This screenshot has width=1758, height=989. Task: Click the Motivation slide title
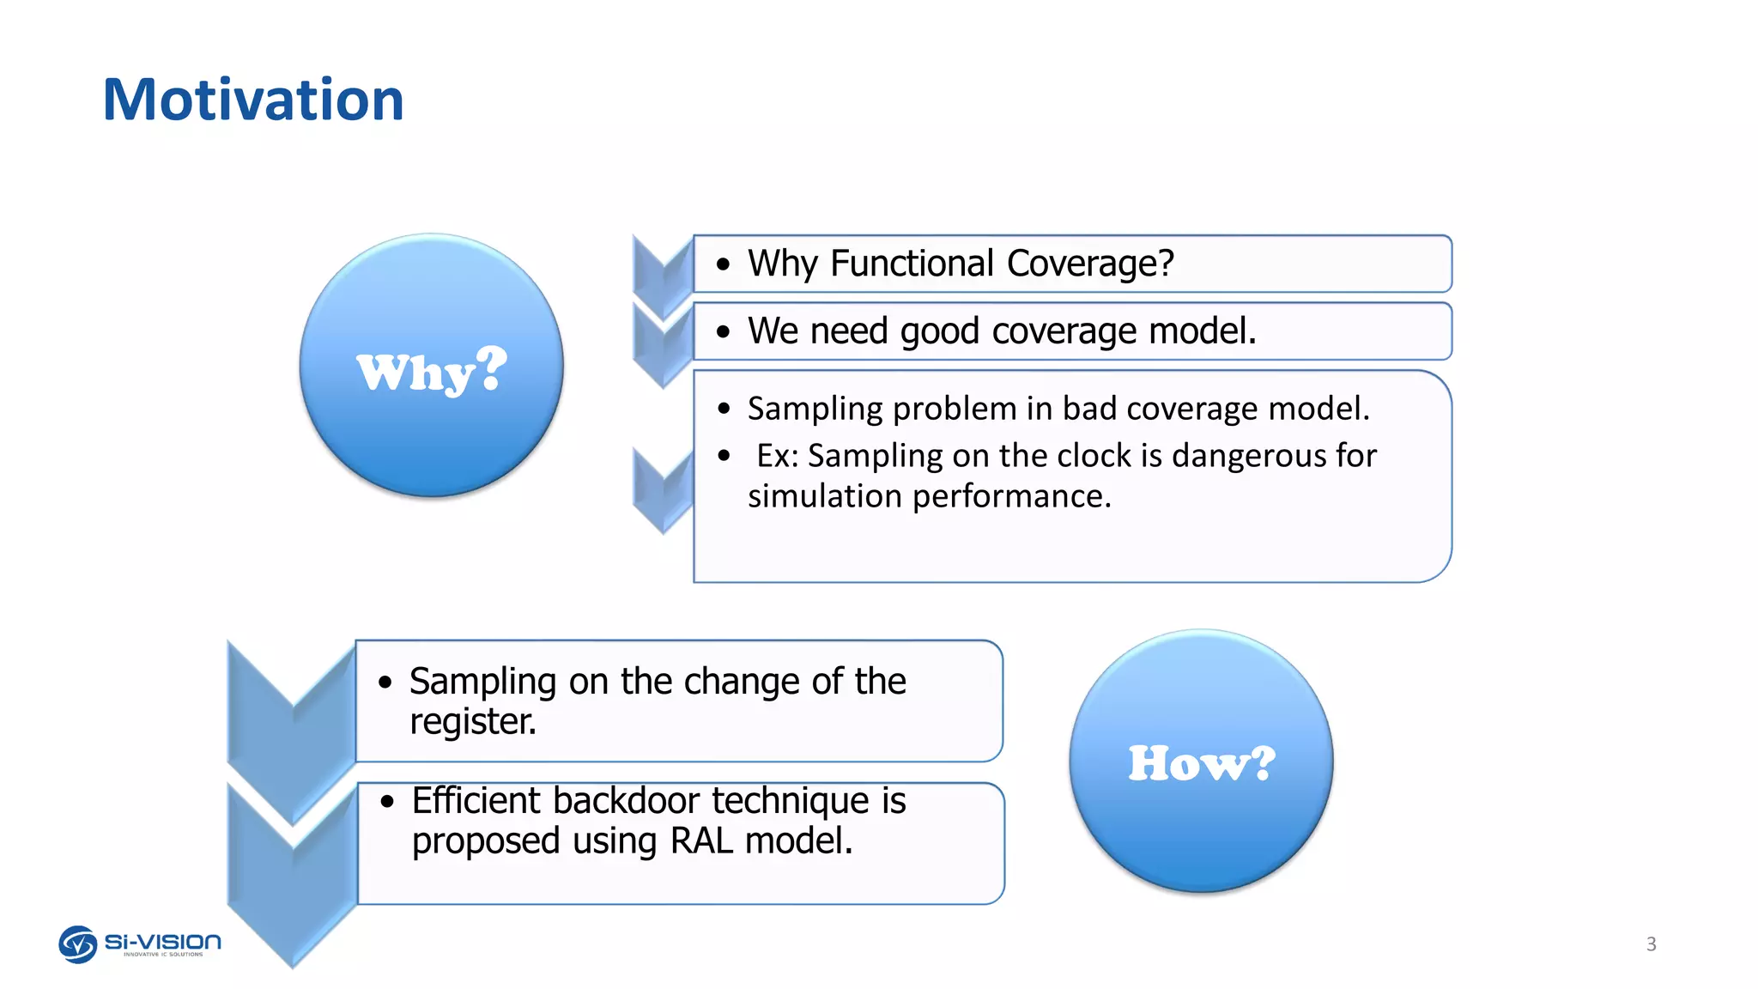point(252,100)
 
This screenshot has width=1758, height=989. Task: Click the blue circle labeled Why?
point(432,366)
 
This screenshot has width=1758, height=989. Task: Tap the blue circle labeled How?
point(1201,761)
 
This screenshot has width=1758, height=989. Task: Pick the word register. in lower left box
point(472,721)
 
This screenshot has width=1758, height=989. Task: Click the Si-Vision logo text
point(163,943)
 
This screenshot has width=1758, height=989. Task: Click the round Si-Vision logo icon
point(77,944)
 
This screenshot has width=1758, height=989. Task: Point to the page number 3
point(1651,944)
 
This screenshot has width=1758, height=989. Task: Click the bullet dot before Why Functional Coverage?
point(724,264)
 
